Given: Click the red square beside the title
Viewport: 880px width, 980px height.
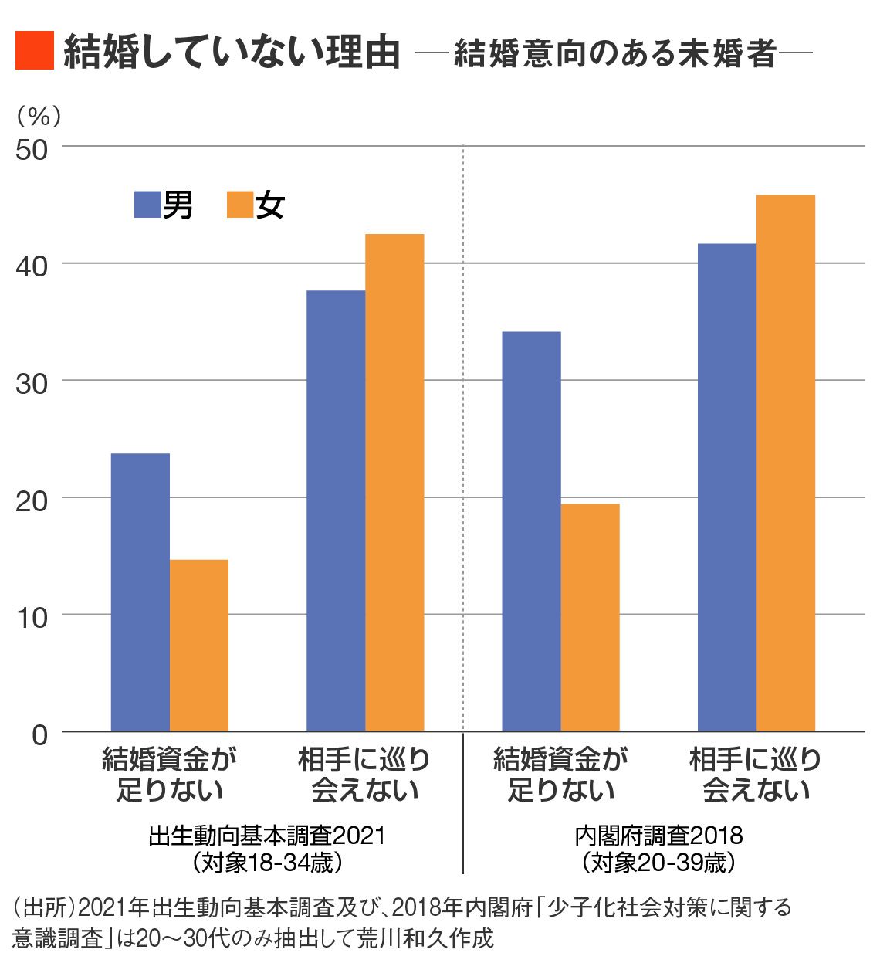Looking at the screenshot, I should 34,51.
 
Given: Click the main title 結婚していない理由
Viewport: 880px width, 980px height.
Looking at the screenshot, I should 232,52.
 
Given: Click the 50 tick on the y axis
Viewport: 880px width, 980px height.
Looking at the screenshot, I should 32,149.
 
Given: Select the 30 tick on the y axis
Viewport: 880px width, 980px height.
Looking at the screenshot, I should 32,383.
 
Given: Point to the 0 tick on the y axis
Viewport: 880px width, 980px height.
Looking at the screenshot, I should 39,734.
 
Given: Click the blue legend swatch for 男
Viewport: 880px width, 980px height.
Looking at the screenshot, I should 147,205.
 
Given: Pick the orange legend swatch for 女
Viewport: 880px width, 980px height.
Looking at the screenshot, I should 240,205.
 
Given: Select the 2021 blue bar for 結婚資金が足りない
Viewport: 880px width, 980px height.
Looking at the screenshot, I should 140,592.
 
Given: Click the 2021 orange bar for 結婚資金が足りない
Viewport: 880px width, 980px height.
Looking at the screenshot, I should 199,645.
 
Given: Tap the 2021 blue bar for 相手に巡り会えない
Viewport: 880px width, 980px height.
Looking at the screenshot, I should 336,510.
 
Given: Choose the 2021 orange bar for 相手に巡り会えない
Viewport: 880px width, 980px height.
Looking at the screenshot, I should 394,483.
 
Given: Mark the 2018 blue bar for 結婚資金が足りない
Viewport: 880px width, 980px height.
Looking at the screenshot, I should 531,531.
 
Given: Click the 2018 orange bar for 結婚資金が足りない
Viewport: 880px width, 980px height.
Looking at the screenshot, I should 590,617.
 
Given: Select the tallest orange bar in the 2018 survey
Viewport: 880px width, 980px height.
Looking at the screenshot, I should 785,463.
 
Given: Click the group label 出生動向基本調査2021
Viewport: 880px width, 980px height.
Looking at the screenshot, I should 266,836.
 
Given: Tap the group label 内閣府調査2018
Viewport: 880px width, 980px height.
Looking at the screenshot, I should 658,836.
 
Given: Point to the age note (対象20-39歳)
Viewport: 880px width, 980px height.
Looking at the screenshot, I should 658,862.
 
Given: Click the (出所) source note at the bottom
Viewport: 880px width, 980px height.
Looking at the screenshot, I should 401,922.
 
